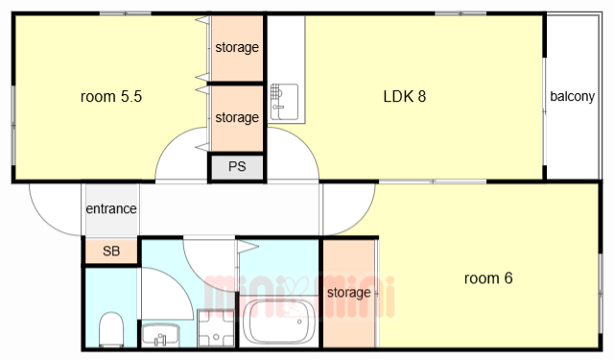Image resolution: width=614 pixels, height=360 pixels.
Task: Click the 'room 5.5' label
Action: [x=111, y=96]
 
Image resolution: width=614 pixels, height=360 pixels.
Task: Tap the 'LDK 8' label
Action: [x=405, y=96]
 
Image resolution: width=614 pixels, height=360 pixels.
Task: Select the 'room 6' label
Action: [x=488, y=278]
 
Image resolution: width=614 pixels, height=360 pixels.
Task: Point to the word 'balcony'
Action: [x=572, y=96]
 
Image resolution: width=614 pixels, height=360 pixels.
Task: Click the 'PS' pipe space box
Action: [x=237, y=167]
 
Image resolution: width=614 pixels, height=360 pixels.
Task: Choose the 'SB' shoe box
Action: [x=111, y=251]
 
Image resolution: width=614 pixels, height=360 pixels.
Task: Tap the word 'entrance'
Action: [x=111, y=208]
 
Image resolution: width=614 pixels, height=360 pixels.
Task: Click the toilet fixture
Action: [x=111, y=329]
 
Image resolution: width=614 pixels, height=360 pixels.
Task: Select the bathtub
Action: [x=278, y=322]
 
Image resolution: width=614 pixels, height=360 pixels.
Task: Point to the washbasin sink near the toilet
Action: [x=160, y=335]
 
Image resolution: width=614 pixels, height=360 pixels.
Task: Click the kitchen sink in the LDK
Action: [x=284, y=102]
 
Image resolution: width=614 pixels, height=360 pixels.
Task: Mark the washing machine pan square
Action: [x=216, y=328]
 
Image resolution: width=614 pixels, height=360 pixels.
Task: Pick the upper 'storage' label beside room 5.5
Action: [x=237, y=47]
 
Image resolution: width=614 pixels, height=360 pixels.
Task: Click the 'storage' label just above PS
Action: [x=237, y=117]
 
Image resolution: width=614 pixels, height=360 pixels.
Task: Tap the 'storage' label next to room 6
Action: [x=349, y=293]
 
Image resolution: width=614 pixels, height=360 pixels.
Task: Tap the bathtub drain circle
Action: [x=299, y=322]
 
